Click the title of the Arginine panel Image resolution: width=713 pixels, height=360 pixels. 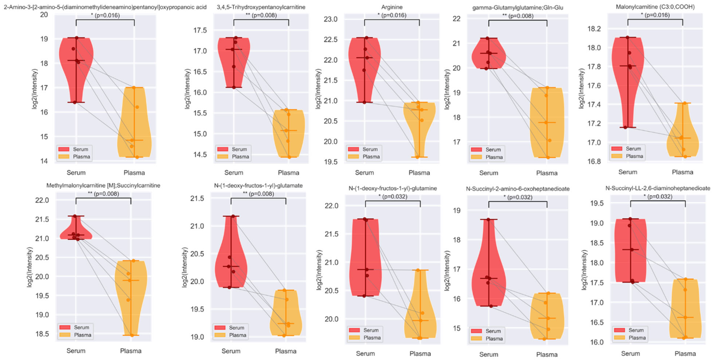pyautogui.click(x=392, y=7)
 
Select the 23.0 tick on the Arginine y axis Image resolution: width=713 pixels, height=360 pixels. pyautogui.click(x=331, y=19)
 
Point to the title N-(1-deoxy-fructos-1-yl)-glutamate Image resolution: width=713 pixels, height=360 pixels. pyautogui.click(x=258, y=185)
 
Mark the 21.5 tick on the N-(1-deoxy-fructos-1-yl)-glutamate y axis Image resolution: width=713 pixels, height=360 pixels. pyautogui.click(x=197, y=198)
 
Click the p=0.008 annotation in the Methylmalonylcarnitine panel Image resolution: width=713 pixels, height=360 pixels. pyautogui.click(x=104, y=194)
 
